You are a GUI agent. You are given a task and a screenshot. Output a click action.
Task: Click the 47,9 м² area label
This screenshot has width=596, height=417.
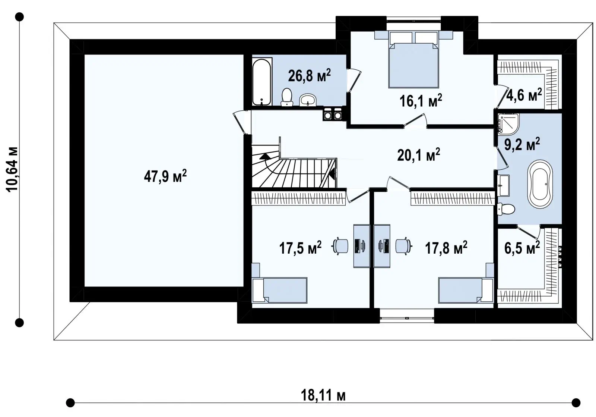coord(165,176)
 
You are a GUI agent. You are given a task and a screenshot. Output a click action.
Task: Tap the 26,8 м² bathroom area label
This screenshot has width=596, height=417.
coord(309,76)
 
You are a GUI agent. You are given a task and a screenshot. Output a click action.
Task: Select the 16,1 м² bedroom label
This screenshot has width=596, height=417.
coord(421,101)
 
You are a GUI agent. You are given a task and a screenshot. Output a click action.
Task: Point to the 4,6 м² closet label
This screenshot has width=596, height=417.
coord(524,95)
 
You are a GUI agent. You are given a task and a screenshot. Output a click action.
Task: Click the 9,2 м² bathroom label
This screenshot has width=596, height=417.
coord(522,144)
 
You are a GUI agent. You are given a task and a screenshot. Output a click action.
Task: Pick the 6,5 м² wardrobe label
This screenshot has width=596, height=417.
coord(522,248)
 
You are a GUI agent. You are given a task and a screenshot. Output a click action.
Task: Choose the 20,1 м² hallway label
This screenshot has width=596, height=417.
coord(419,155)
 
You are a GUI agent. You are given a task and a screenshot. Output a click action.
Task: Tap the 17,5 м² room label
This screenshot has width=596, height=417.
coord(300,248)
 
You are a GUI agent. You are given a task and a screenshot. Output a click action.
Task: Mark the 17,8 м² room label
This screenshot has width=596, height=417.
coord(446,248)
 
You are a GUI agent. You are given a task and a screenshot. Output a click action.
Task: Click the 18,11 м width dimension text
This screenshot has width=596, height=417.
coord(323,395)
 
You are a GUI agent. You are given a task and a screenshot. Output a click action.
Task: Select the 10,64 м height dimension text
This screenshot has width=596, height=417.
coord(12,169)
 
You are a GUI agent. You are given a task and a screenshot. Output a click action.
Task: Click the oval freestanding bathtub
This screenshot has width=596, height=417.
coord(540,184)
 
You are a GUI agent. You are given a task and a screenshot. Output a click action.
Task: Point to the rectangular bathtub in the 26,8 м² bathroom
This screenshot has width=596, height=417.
coord(262,82)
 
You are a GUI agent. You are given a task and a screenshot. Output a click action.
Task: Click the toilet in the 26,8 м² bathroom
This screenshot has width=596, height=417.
coord(287,97)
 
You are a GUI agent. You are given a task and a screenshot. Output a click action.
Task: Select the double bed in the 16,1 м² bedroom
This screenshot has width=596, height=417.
coord(413,60)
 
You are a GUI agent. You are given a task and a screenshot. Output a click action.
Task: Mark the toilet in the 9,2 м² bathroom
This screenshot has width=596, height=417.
coord(505,209)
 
